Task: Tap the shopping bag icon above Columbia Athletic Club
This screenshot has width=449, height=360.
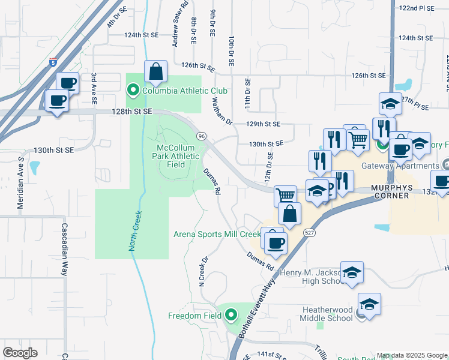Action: pyautogui.click(x=155, y=72)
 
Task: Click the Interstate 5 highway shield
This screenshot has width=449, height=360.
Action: pyautogui.click(x=53, y=61)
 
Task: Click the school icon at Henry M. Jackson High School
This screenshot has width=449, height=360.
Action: pyautogui.click(x=352, y=272)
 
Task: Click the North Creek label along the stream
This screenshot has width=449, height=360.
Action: pyautogui.click(x=135, y=231)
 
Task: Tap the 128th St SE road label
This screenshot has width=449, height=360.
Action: pyautogui.click(x=133, y=112)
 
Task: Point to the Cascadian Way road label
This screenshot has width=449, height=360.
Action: pyautogui.click(x=64, y=249)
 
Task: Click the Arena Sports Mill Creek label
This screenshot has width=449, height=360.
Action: pyautogui.click(x=217, y=234)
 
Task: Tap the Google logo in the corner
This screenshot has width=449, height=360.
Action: pyautogui.click(x=20, y=353)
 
